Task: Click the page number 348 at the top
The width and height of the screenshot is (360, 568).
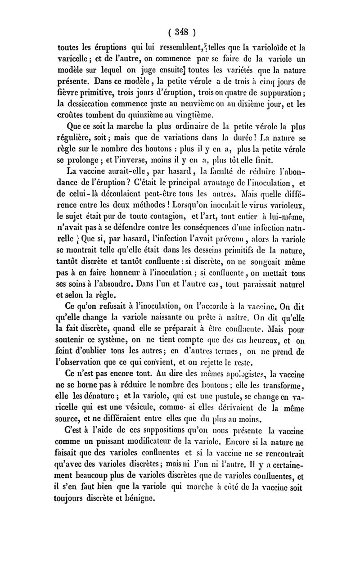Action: pos(180,32)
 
